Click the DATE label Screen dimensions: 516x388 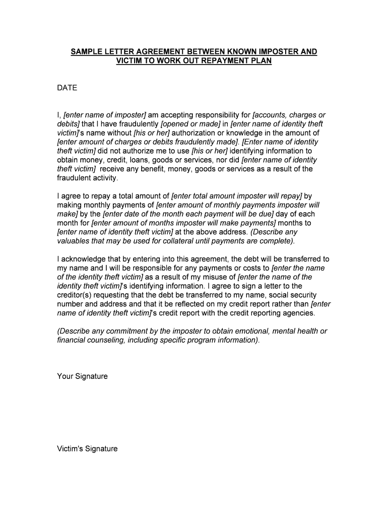(67, 88)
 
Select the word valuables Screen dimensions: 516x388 (73, 241)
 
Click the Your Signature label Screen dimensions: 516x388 (82, 376)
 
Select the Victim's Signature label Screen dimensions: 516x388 (87, 448)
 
